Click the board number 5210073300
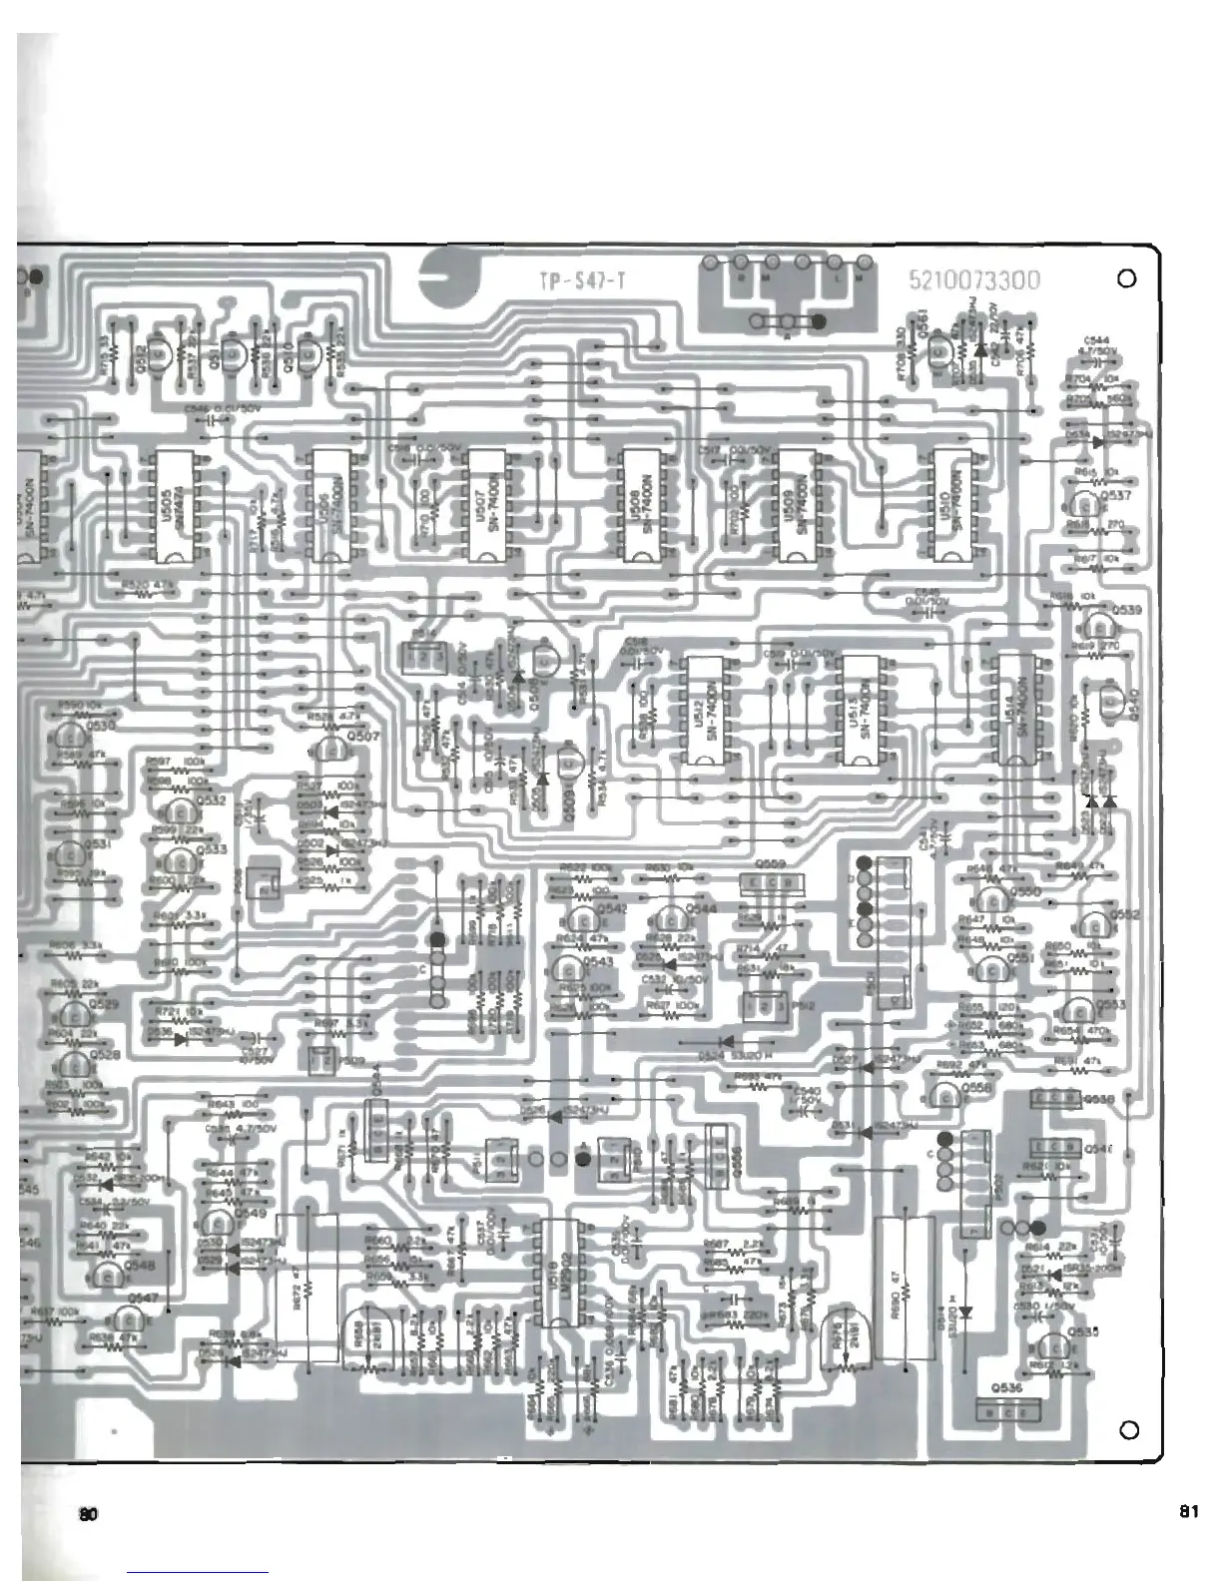coord(974,280)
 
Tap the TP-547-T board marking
coord(582,281)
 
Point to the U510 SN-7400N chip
coord(952,506)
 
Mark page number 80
coord(89,1513)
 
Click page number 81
coord(1188,1511)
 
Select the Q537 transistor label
coord(1115,495)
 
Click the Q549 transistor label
coord(250,1214)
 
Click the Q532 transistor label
coord(212,800)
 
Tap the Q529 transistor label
coord(104,1003)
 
